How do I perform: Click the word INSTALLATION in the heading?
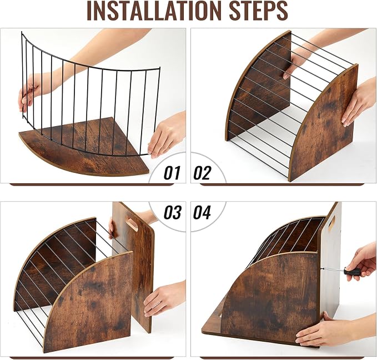point(154,11)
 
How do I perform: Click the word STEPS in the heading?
point(259,11)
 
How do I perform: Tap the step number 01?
point(172,173)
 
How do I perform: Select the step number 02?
point(202,173)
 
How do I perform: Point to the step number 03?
point(172,212)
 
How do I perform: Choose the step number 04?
point(202,212)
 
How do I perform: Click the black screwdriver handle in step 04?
point(353,272)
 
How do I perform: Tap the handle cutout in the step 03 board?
point(132,224)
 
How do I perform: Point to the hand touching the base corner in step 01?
point(166,135)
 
